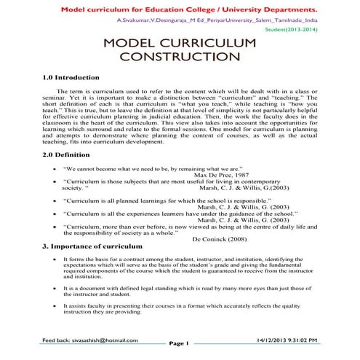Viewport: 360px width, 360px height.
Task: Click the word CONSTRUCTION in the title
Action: point(180,56)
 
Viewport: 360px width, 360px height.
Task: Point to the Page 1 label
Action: point(178,343)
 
